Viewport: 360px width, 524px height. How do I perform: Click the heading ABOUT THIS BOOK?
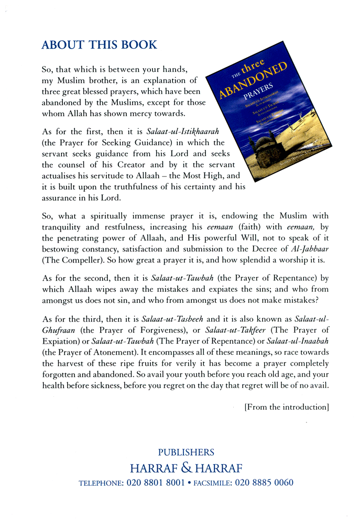[x=99, y=45]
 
